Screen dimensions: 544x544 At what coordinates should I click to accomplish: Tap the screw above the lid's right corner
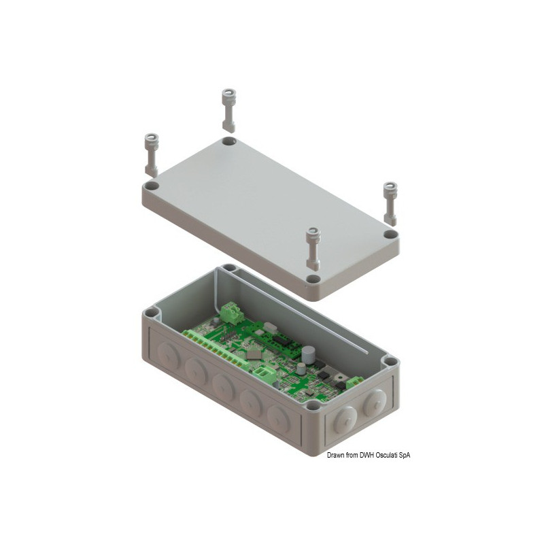(x=390, y=202)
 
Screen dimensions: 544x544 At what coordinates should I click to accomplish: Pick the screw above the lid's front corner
(x=313, y=248)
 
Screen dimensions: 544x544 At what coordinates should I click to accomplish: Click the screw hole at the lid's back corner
(x=228, y=141)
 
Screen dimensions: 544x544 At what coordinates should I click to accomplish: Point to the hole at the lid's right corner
(x=390, y=234)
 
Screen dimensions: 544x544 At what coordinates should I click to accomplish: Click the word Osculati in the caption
(x=388, y=455)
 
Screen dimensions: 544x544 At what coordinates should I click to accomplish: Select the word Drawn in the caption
(x=335, y=455)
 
